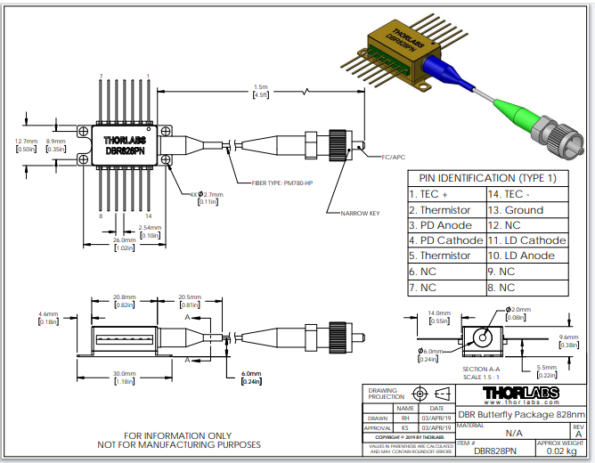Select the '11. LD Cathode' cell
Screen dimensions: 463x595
(x=526, y=240)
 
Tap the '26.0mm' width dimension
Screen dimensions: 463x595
(x=124, y=240)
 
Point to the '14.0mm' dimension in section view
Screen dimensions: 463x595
(x=439, y=313)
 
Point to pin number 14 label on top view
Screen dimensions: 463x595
(x=148, y=216)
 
